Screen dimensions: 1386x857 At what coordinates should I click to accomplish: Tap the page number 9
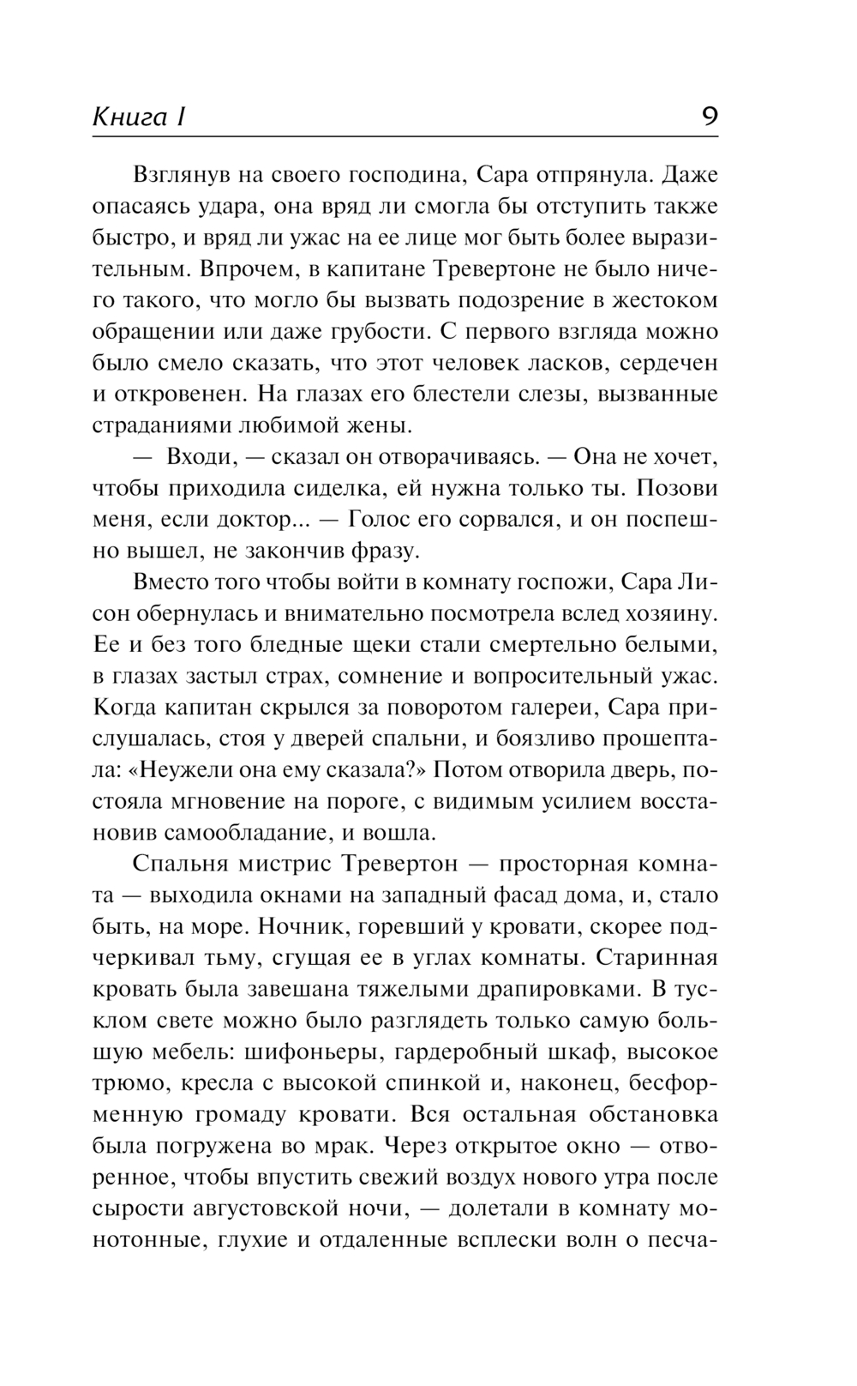[x=709, y=116]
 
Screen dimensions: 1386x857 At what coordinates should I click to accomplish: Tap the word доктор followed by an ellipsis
[x=256, y=519]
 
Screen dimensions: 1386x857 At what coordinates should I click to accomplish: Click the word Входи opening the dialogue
[x=196, y=456]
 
